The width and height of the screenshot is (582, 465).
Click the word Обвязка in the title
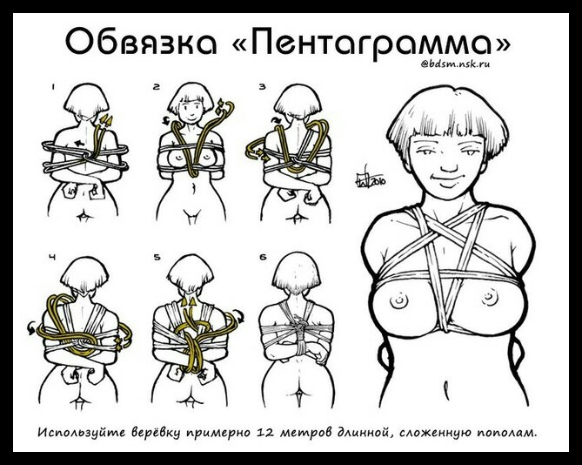click(141, 41)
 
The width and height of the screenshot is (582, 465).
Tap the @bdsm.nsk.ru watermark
click(455, 64)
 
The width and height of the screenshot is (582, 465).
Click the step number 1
click(53, 87)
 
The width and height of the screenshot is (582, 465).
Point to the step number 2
click(156, 87)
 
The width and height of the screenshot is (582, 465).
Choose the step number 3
click(263, 87)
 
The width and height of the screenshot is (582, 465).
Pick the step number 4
click(53, 257)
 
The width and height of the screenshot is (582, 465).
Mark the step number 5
click(157, 257)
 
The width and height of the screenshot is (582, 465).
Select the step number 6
click(264, 257)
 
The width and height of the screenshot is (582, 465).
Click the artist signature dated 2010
click(370, 179)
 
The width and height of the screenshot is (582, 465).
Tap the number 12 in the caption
click(264, 432)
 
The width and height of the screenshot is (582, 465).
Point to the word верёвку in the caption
click(157, 433)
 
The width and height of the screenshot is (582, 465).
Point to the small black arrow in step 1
click(79, 142)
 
